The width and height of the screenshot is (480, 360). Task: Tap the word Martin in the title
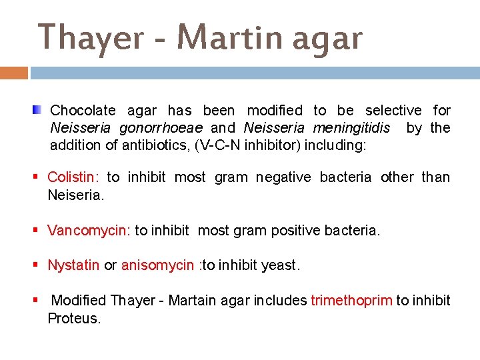pyautogui.click(x=223, y=38)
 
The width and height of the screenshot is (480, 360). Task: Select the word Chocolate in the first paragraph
pyautogui.click(x=83, y=111)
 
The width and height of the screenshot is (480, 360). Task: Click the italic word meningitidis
pyautogui.click(x=352, y=128)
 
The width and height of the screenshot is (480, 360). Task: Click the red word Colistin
pyautogui.click(x=73, y=177)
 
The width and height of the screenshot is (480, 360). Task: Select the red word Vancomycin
pyautogui.click(x=89, y=231)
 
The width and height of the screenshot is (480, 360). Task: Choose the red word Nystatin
pyautogui.click(x=73, y=265)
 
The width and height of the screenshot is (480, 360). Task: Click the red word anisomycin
pyautogui.click(x=157, y=265)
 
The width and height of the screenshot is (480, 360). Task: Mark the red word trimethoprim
pyautogui.click(x=351, y=301)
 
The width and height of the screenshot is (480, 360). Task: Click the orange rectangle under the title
pyautogui.click(x=14, y=73)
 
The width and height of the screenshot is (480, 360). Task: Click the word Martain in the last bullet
pyautogui.click(x=192, y=301)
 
